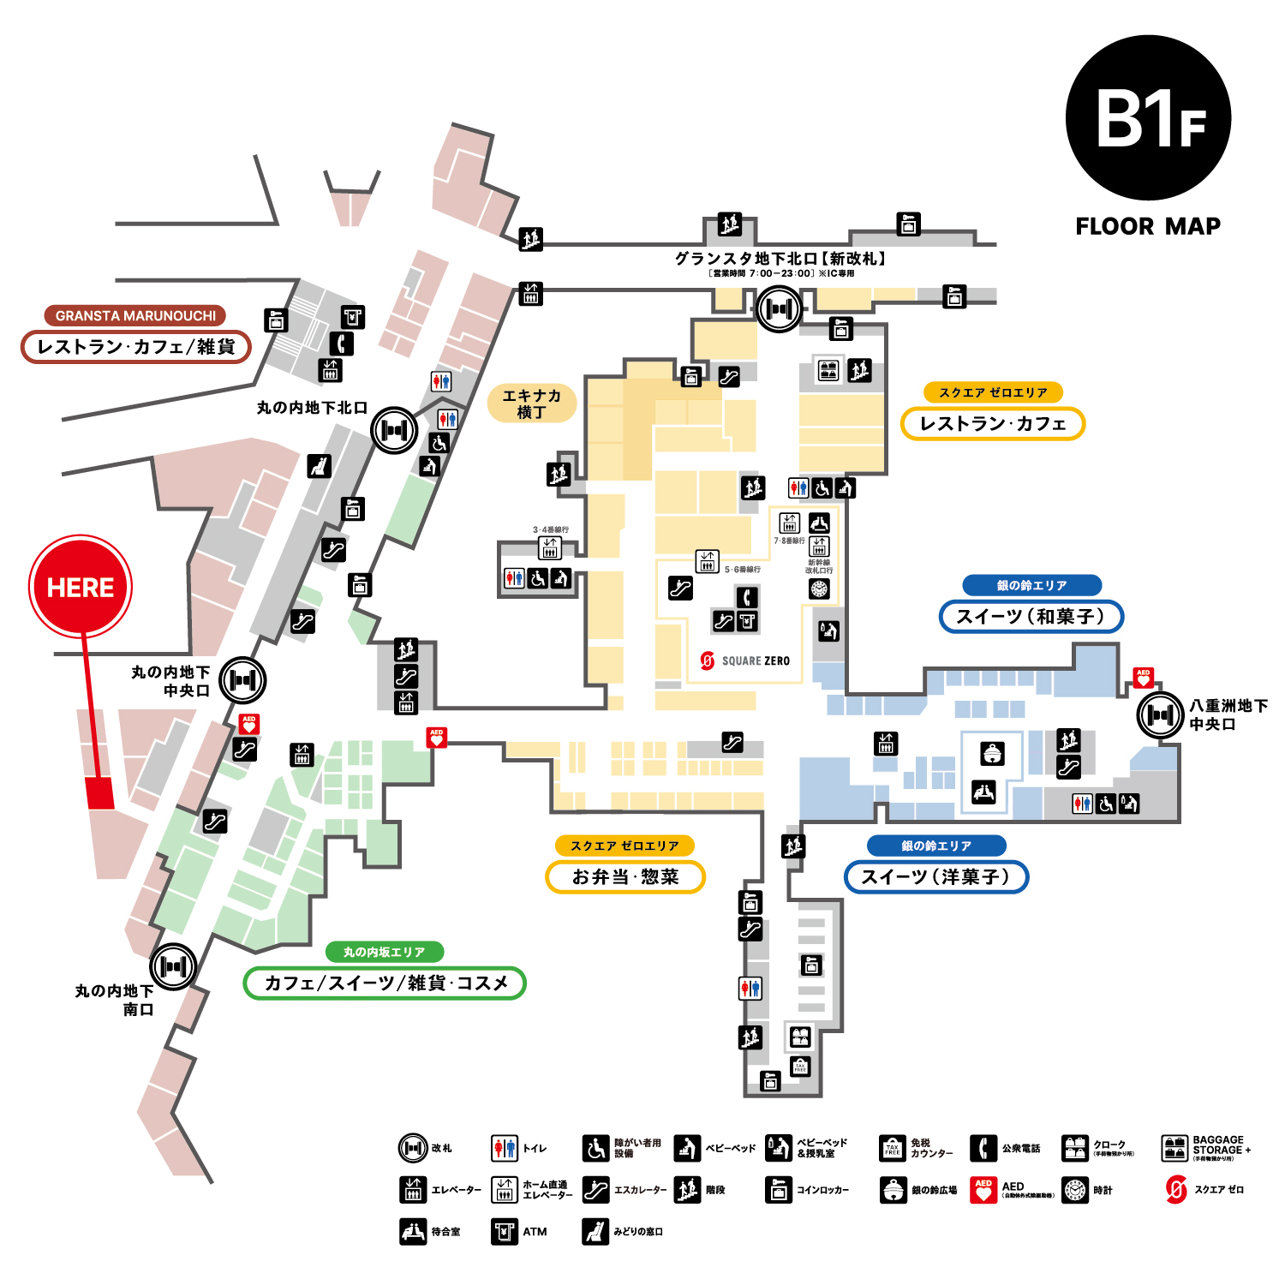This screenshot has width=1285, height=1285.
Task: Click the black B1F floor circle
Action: click(1148, 118)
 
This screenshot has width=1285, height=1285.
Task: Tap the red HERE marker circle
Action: click(81, 587)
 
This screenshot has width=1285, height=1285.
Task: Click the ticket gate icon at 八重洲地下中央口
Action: click(1160, 714)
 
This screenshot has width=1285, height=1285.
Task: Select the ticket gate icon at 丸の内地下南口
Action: click(173, 966)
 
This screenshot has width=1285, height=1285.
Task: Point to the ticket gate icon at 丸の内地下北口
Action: click(394, 430)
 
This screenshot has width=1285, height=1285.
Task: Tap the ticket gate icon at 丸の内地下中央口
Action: click(242, 680)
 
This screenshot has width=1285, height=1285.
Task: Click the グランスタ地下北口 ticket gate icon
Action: click(779, 309)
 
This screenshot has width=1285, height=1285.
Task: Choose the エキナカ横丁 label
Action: click(531, 403)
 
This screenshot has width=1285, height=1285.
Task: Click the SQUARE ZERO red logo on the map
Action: click(708, 660)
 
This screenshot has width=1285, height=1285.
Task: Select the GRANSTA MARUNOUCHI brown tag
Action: click(135, 315)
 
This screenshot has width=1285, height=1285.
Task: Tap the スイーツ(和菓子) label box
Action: click(1031, 617)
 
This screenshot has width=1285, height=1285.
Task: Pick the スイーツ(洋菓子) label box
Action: click(935, 877)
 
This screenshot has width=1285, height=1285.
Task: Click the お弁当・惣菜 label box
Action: click(625, 877)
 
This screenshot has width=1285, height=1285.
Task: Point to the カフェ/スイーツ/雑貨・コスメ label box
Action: click(385, 983)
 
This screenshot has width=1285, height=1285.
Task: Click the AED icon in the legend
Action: click(983, 1190)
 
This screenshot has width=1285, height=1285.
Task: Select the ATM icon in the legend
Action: click(505, 1232)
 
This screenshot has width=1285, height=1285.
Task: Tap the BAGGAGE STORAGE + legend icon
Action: click(1174, 1148)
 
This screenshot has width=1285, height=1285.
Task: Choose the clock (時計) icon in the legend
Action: click(1075, 1190)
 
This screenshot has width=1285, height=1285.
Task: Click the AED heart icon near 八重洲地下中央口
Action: click(1143, 678)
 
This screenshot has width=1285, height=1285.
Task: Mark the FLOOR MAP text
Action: click(1148, 226)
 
